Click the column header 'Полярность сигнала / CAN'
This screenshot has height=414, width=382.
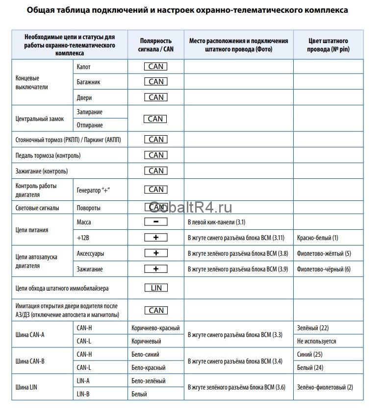(156, 45)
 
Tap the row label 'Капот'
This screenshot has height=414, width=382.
(84, 67)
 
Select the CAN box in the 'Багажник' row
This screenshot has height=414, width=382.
(156, 82)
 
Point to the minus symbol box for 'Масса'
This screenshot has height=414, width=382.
(156, 222)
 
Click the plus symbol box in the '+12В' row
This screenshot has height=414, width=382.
(156, 238)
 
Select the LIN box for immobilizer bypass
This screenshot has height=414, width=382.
(156, 288)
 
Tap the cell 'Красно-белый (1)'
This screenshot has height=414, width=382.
(318, 238)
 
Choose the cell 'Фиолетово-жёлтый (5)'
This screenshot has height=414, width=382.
(324, 254)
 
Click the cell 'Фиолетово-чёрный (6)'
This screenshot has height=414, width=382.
(324, 269)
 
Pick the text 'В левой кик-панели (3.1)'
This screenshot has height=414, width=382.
(216, 222)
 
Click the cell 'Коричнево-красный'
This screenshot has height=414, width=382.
(155, 328)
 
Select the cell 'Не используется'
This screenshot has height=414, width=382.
(317, 341)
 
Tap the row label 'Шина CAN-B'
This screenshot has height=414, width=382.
(30, 361)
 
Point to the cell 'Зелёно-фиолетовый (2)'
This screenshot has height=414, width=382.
(325, 388)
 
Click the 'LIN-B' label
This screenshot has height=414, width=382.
(83, 394)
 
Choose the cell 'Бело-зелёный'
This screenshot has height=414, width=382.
(149, 381)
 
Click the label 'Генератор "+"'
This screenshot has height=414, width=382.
(93, 190)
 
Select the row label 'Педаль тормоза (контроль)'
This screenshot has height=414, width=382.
(48, 156)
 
